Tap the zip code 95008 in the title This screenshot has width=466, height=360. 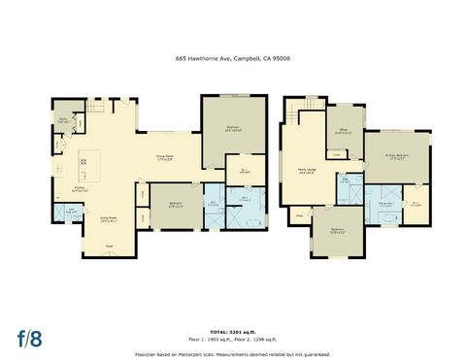pos(281,58)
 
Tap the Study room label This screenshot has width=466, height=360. pos(63,120)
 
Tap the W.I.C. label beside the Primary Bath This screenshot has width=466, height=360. pos(415,203)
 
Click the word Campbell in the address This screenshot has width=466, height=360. pos(240,58)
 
